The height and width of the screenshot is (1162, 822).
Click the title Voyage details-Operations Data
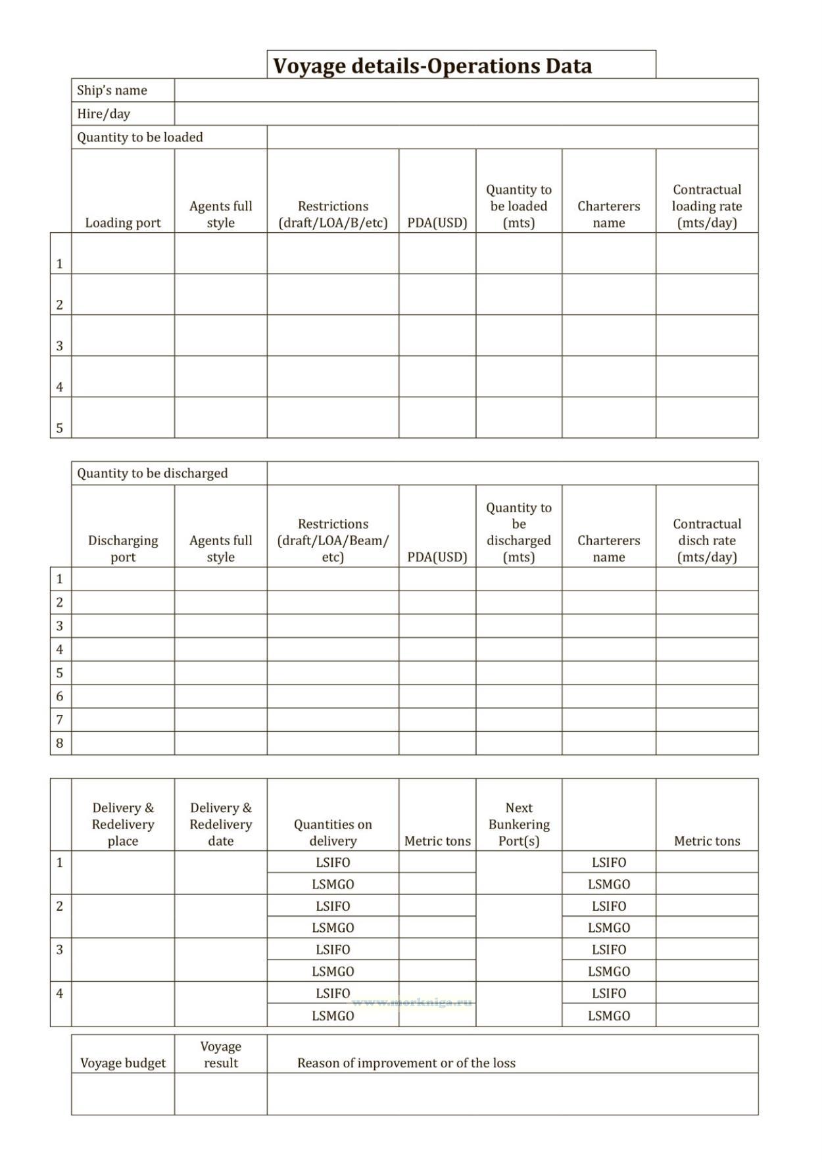(x=432, y=66)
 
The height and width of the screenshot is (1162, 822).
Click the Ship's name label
(x=112, y=90)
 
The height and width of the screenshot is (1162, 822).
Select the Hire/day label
(x=103, y=114)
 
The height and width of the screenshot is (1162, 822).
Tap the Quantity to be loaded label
(x=139, y=137)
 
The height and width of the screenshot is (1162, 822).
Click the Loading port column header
(x=123, y=222)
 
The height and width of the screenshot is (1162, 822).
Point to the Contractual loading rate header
(x=706, y=206)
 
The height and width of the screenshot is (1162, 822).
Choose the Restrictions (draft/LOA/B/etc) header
(x=333, y=214)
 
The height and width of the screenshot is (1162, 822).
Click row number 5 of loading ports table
(x=60, y=428)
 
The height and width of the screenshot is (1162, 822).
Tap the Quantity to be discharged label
(x=152, y=473)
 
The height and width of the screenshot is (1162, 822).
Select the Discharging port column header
(x=123, y=548)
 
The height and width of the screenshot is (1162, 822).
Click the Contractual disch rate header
(x=706, y=541)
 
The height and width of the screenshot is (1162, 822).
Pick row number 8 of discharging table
(x=60, y=743)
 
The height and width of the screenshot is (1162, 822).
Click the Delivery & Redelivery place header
(x=123, y=824)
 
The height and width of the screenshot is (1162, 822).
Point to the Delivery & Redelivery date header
(x=220, y=824)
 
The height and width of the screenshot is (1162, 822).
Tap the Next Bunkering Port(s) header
(x=519, y=824)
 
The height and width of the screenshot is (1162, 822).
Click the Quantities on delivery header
(x=333, y=833)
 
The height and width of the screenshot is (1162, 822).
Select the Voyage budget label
(x=123, y=1063)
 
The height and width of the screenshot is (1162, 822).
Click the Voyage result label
(x=220, y=1054)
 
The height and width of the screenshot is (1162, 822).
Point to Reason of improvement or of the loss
(x=406, y=1063)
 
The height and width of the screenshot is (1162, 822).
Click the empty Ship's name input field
(x=466, y=90)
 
